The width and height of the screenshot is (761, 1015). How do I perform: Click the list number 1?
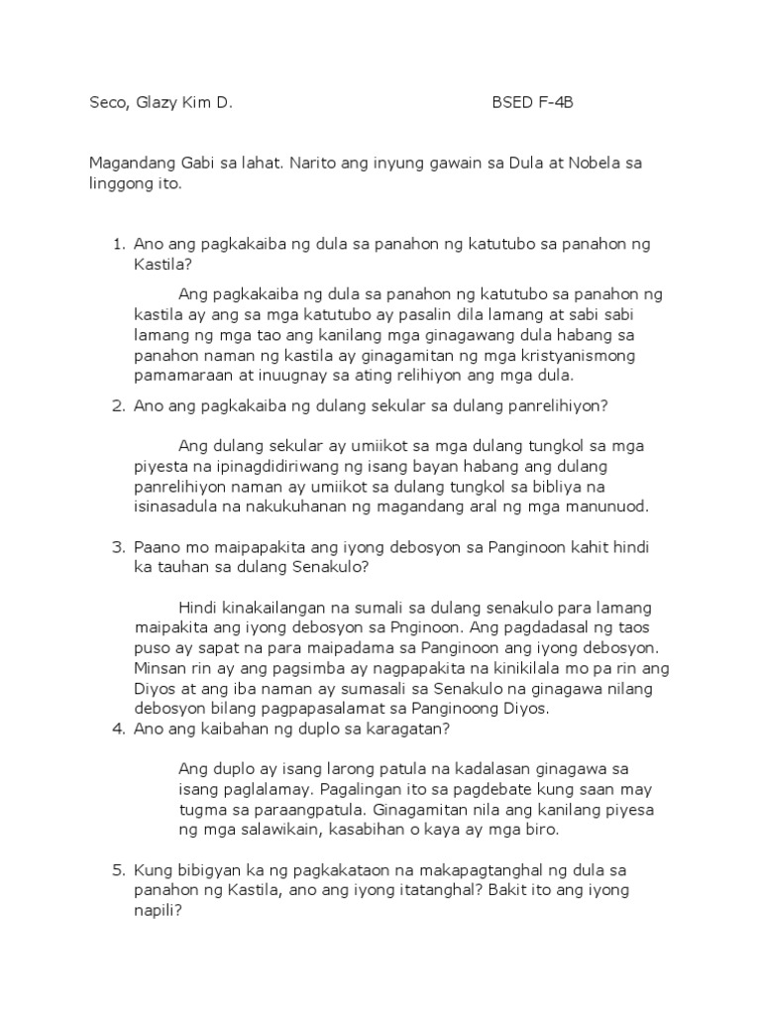115,244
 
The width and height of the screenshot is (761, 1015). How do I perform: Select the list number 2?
115,405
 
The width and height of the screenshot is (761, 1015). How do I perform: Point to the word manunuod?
601,507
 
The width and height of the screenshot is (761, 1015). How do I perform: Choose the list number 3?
115,547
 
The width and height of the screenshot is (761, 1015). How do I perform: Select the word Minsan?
161,669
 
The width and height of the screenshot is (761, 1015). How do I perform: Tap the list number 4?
115,730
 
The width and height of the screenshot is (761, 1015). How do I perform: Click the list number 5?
115,870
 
